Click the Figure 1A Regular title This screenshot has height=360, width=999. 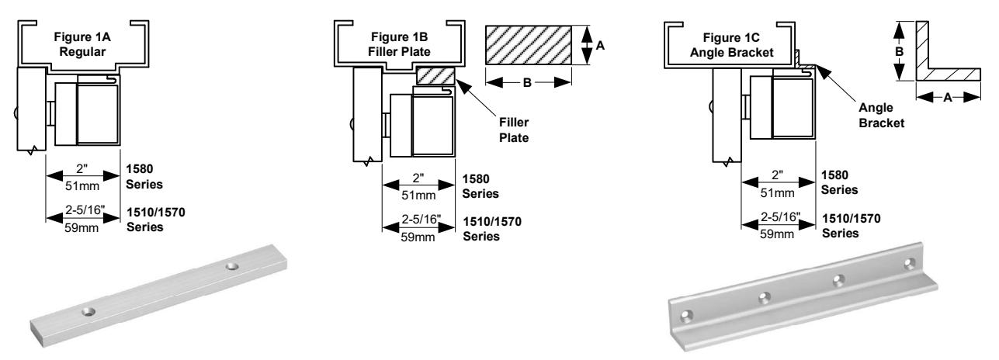pos(82,44)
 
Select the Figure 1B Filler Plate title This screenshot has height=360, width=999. pos(399,44)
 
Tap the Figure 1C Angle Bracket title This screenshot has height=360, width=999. pos(731,45)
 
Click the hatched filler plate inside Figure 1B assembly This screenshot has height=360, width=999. pos(435,76)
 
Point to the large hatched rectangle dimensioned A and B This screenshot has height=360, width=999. pos(528,45)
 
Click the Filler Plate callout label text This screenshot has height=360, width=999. pos(514,130)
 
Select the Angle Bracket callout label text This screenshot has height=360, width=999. pos(881,115)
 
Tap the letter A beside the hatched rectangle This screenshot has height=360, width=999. pos(600,46)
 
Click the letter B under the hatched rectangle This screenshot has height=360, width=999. pos(527,83)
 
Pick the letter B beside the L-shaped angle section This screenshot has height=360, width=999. pos(900,52)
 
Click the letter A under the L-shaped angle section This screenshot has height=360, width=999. pos(948,97)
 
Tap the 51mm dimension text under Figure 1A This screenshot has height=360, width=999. pos(82,185)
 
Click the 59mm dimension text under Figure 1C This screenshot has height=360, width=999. pos(777,234)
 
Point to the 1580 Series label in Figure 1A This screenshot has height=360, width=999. pos(144,176)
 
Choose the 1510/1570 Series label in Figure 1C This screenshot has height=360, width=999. pos(852,226)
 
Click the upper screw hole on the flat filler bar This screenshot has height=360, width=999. pos(231,266)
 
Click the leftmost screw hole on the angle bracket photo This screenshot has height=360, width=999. pos(685,316)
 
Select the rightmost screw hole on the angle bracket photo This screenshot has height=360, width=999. pos(910,264)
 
